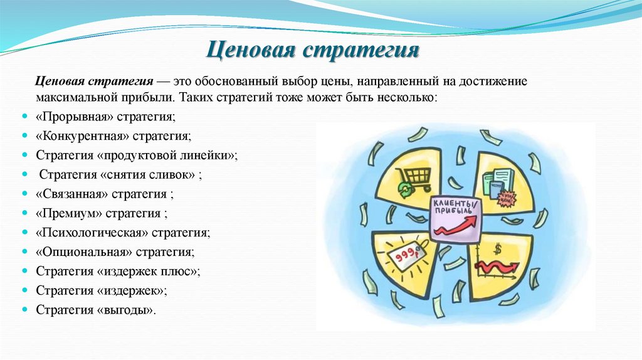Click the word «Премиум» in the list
pos(65,213)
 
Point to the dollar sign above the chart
pos(498,250)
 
